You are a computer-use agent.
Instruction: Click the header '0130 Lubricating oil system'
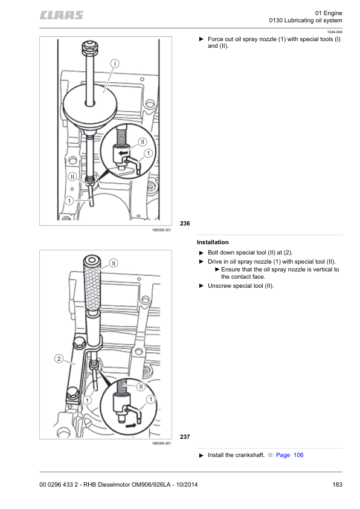309,22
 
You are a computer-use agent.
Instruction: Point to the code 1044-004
335,31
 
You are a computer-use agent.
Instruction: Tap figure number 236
185,224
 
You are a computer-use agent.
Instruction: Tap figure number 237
185,436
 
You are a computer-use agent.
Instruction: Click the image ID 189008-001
162,230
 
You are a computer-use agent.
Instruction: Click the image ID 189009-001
162,443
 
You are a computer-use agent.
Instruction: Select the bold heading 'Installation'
213,242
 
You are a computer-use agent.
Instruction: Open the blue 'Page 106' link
289,455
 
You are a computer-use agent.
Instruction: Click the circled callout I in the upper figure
114,63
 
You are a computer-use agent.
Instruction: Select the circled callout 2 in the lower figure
58,359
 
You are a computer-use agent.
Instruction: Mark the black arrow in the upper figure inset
123,154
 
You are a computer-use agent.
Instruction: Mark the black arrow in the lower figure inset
132,425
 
